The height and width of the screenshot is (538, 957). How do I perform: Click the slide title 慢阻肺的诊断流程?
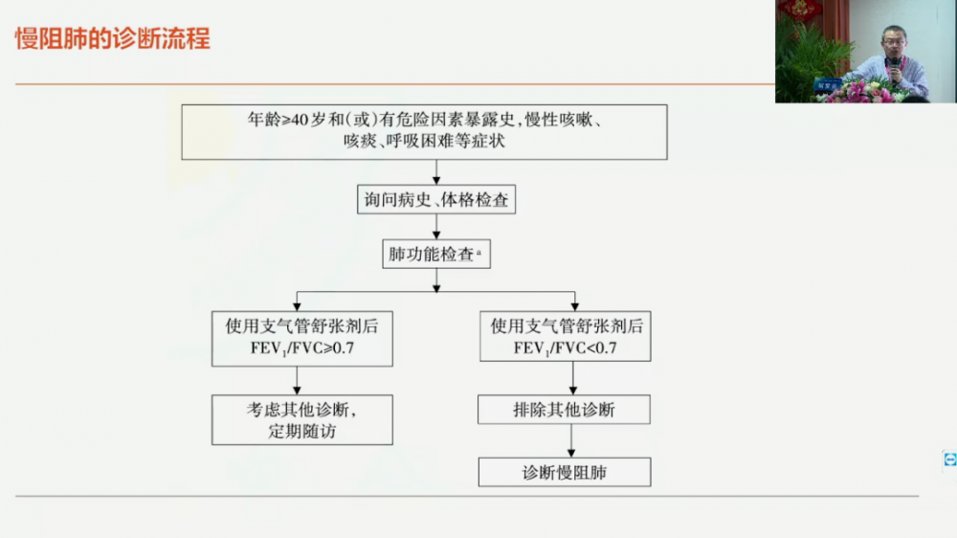click(113, 39)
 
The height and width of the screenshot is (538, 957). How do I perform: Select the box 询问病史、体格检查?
click(436, 200)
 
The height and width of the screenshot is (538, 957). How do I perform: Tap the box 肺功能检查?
click(436, 254)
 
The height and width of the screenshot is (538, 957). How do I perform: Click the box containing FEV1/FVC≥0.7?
click(302, 339)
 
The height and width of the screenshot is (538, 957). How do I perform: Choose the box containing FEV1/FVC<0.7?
click(566, 336)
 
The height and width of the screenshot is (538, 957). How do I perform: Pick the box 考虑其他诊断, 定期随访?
click(302, 420)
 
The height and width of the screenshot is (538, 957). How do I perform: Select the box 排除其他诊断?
click(564, 410)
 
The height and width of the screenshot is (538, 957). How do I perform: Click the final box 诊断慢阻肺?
click(565, 473)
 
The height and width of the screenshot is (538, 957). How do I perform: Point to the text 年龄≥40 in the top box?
click(278, 120)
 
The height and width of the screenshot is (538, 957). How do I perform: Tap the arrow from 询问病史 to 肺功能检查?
click(436, 227)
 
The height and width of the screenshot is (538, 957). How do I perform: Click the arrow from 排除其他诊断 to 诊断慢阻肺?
click(571, 441)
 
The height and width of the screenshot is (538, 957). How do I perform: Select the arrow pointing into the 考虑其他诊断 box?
click(298, 380)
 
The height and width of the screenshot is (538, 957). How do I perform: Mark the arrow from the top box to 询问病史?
click(436, 172)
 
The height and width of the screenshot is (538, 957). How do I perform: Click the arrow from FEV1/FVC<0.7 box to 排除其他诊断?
click(573, 378)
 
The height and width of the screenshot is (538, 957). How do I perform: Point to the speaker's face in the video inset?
click(894, 41)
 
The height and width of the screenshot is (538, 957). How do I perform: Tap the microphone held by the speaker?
click(895, 68)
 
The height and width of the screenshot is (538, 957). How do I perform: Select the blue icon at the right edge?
click(949, 460)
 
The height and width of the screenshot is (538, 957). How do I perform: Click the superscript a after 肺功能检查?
click(478, 252)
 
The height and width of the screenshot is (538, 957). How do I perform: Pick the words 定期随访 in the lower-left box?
click(302, 432)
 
